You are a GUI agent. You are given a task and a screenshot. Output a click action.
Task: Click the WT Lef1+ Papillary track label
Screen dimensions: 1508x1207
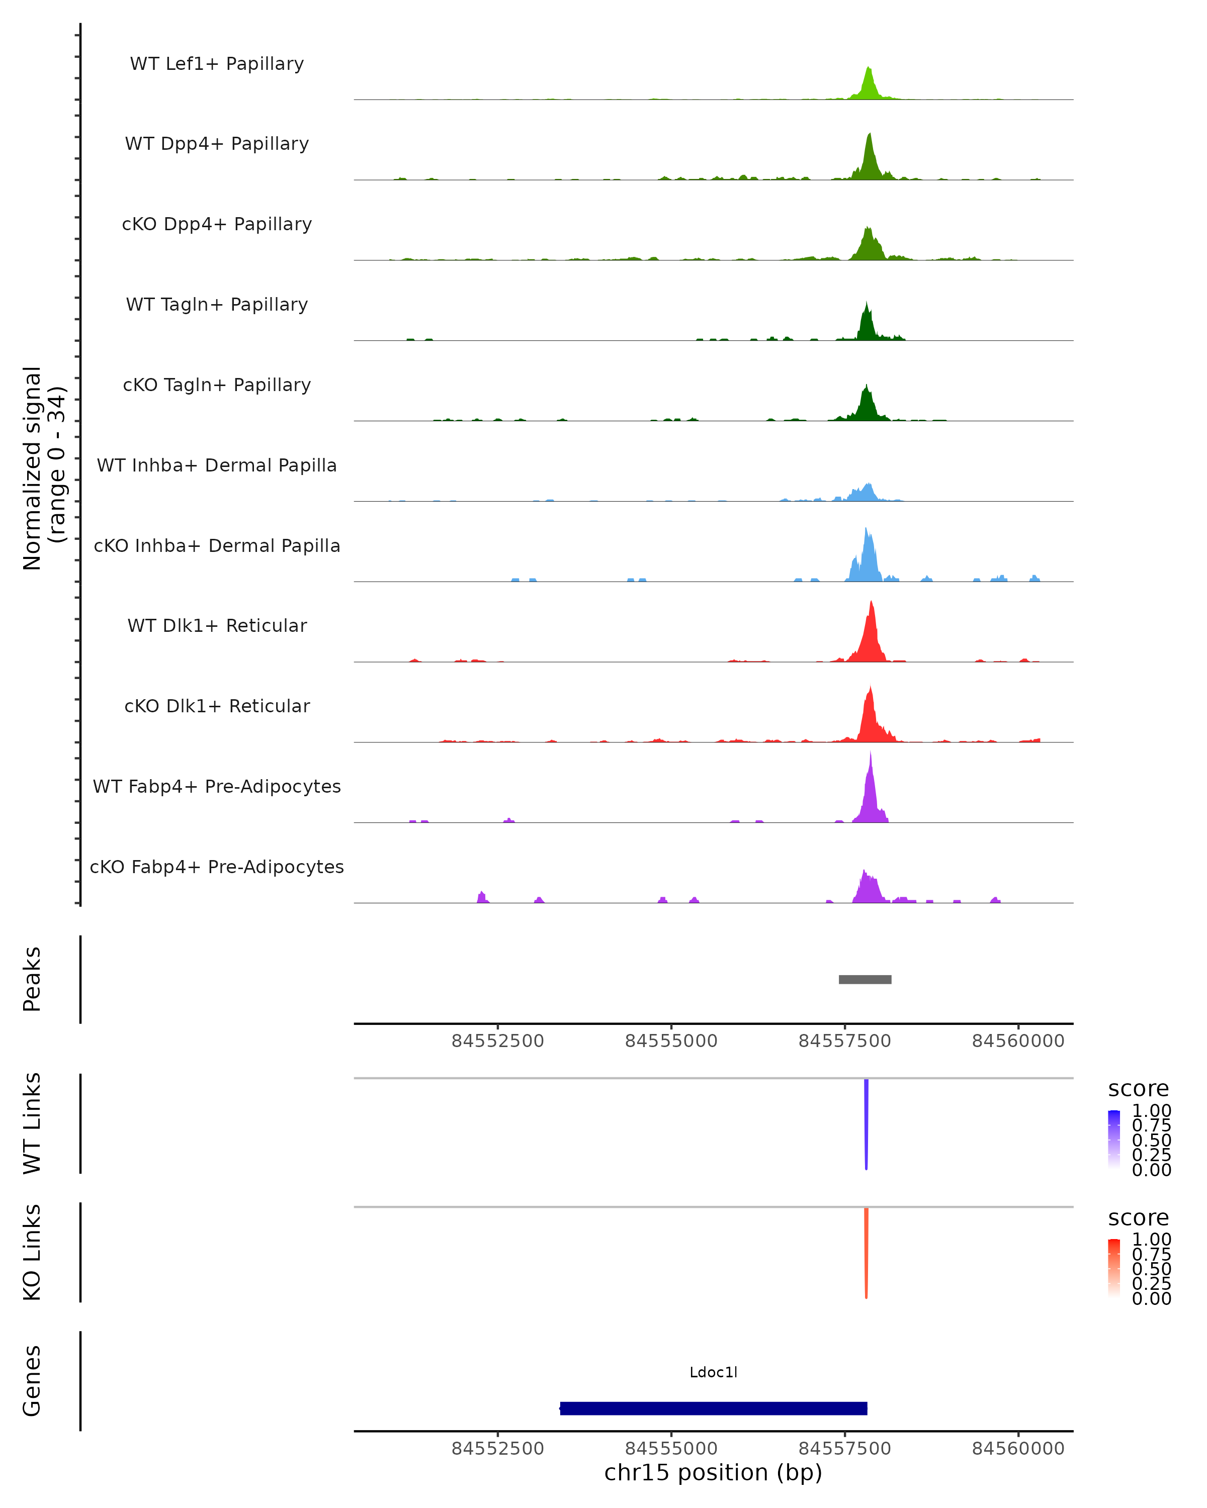(x=217, y=64)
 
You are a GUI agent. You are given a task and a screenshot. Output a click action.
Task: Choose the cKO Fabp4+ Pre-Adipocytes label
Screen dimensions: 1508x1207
(x=217, y=867)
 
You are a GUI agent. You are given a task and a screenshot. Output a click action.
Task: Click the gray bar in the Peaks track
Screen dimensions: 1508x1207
(x=865, y=979)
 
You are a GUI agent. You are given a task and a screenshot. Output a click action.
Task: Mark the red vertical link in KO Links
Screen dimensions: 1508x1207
(x=866, y=1252)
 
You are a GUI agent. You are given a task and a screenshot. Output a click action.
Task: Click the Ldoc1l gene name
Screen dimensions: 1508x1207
(x=713, y=1372)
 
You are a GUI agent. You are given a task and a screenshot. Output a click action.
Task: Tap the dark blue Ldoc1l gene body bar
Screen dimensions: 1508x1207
(x=713, y=1408)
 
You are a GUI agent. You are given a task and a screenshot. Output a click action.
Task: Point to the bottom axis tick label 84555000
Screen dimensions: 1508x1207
(x=671, y=1449)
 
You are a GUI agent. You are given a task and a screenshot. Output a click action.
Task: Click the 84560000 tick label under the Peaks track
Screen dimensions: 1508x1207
(x=1018, y=1041)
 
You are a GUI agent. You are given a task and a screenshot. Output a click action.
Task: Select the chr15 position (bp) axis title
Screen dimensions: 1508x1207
(x=713, y=1473)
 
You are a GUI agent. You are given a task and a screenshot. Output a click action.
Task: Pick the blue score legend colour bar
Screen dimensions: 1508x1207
(x=1114, y=1140)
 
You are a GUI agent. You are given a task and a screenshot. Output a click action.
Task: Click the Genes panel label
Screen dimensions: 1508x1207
(x=32, y=1381)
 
